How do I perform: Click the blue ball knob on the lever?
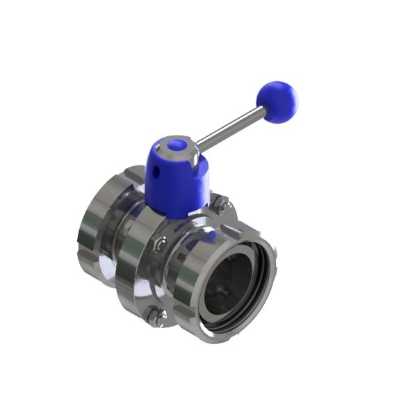(x=277, y=102)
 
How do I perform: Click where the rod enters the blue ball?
(x=260, y=111)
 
